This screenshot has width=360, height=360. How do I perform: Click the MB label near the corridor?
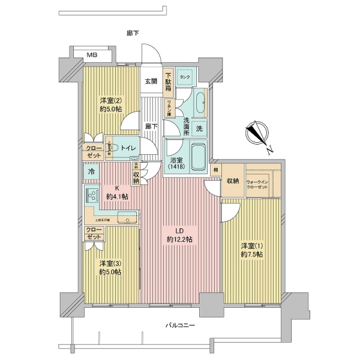92,55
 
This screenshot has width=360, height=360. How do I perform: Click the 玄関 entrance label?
151,82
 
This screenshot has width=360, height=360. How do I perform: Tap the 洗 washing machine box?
199,128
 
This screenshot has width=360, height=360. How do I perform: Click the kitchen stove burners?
92,196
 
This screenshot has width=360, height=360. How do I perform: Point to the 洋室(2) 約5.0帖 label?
111,106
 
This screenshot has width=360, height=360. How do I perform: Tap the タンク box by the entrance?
185,76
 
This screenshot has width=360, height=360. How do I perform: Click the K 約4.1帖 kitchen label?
116,191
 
